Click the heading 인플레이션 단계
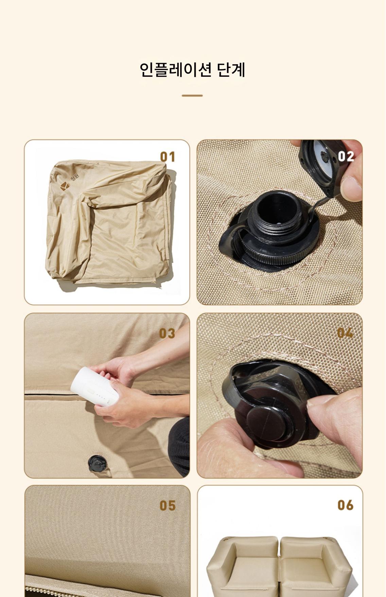click(x=192, y=70)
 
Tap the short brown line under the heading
click(x=192, y=96)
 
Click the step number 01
click(x=168, y=157)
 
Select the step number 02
click(x=346, y=156)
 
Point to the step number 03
click(x=167, y=333)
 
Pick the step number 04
click(x=345, y=333)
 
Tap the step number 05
click(x=168, y=506)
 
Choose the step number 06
click(x=346, y=505)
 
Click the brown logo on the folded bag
click(x=65, y=186)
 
